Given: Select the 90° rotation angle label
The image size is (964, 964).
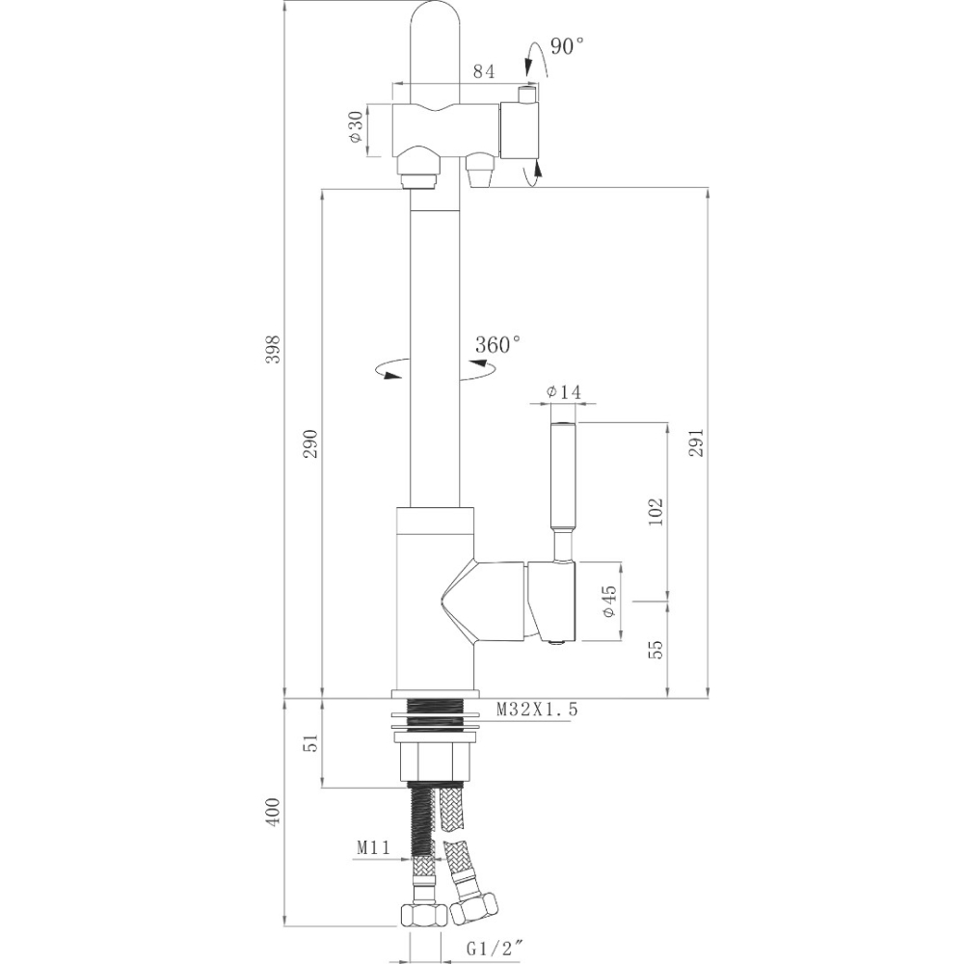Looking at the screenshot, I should click(568, 45).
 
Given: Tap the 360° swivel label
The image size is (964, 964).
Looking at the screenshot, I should click(497, 343).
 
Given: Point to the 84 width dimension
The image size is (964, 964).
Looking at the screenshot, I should click(484, 70).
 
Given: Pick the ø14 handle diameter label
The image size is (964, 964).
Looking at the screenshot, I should click(563, 391).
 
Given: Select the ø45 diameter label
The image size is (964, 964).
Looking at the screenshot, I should click(608, 601).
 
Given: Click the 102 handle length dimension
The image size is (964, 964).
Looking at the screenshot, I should click(656, 511).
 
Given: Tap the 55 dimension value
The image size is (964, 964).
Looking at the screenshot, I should click(656, 649).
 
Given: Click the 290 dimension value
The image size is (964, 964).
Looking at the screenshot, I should click(309, 442).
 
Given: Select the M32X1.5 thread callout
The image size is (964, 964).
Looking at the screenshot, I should click(537, 710).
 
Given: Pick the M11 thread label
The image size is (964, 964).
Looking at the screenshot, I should click(372, 847).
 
